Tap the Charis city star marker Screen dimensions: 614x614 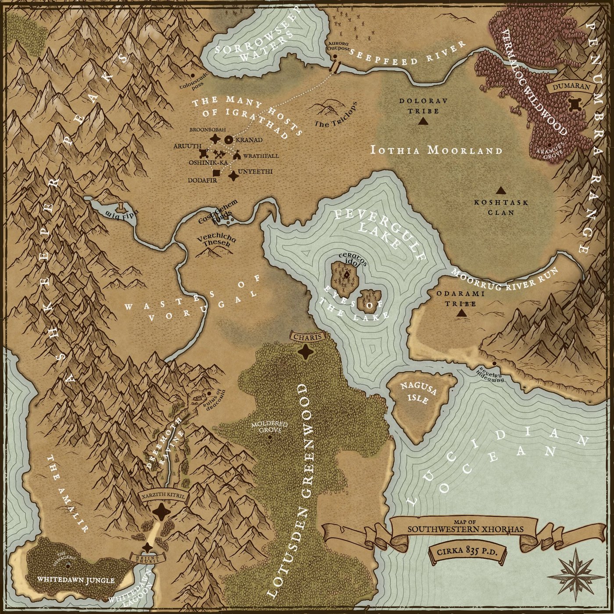[305, 351]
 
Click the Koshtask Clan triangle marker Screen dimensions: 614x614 [500, 190]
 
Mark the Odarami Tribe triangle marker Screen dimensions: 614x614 [460, 313]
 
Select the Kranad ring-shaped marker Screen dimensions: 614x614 [228, 140]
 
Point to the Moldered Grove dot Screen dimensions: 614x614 [269, 437]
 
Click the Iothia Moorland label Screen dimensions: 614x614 [436, 150]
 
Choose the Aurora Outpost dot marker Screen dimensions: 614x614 [334, 57]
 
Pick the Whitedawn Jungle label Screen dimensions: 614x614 [76, 580]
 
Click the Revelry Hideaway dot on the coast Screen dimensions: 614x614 [494, 364]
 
